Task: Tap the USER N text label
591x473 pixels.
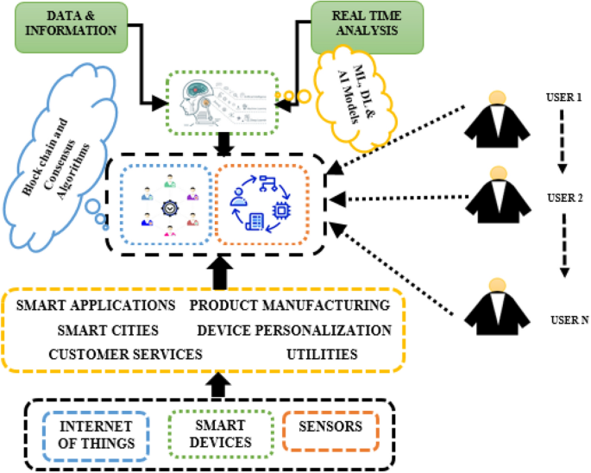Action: (x=569, y=319)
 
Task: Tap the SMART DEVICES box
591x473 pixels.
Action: (x=220, y=433)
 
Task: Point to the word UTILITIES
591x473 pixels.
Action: (x=324, y=354)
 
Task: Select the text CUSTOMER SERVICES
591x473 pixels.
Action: (x=125, y=354)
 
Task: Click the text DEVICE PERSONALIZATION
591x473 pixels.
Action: (x=293, y=330)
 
